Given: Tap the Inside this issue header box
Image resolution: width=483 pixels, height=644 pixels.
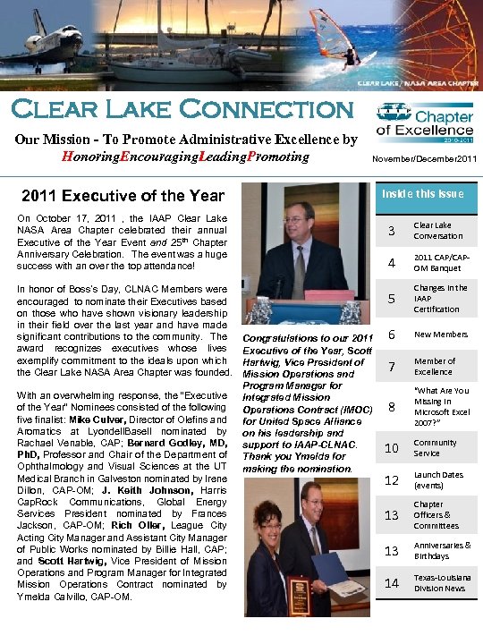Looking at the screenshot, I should [425, 194].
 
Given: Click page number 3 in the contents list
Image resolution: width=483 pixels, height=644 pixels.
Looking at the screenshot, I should [390, 231].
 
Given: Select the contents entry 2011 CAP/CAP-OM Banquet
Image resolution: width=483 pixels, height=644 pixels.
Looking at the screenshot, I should [438, 263].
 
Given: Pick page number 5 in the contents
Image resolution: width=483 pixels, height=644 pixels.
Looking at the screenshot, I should [390, 299].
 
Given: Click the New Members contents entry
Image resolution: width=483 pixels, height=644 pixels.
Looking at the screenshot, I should [440, 334].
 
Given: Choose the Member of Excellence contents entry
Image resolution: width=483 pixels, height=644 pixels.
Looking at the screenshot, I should [434, 366].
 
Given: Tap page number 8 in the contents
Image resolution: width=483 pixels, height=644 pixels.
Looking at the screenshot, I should [390, 407].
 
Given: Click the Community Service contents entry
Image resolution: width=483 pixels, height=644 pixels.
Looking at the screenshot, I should [435, 447].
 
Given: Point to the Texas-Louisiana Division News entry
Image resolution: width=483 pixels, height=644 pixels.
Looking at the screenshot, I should [439, 583].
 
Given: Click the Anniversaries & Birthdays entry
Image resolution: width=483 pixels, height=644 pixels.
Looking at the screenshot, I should [442, 550].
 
